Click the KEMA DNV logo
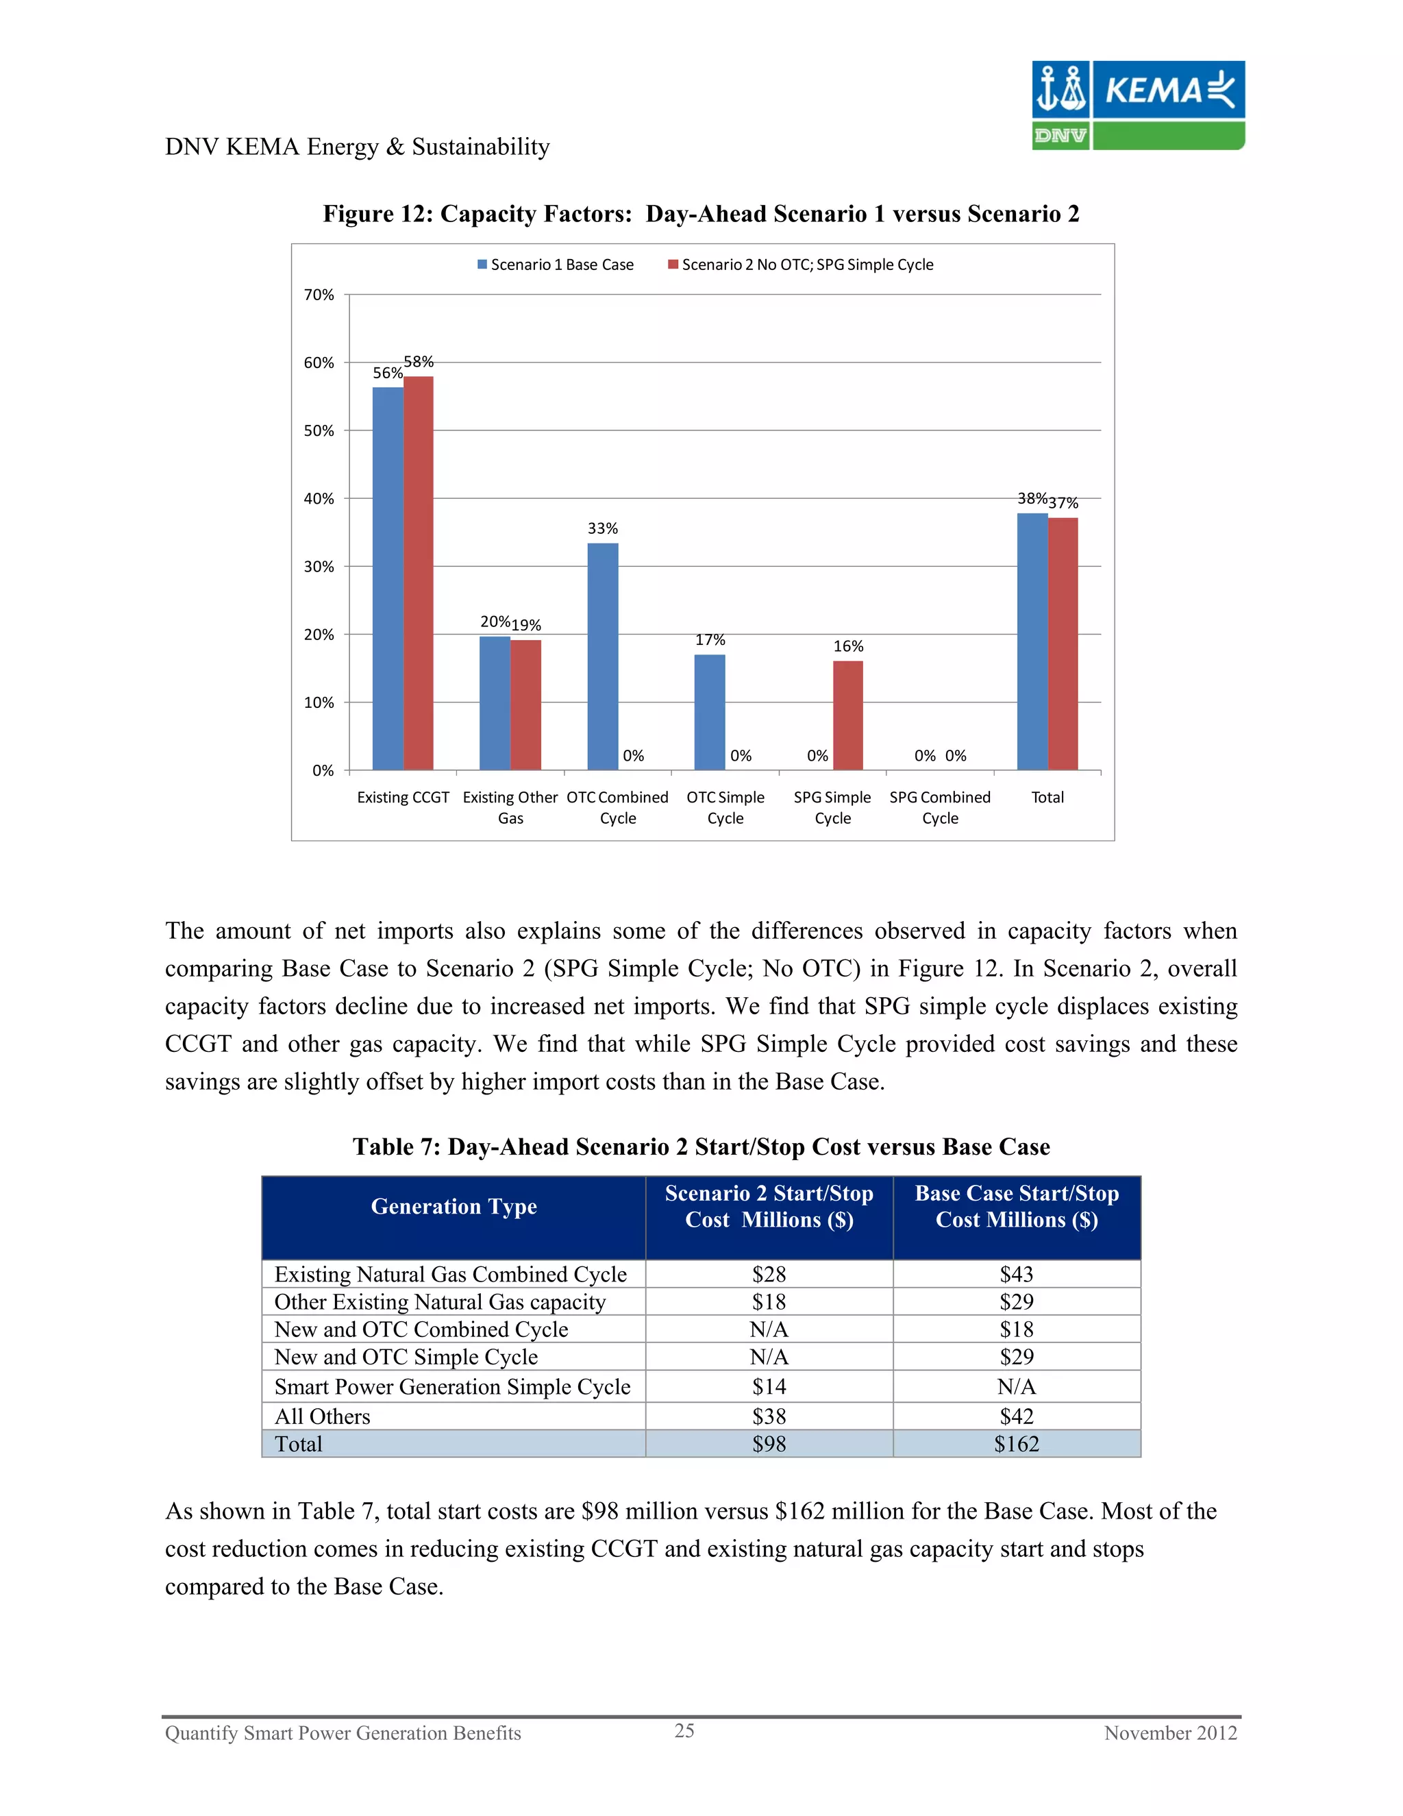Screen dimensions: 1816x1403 1137,106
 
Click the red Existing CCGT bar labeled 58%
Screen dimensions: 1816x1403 418,573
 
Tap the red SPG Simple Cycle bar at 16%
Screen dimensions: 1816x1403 848,715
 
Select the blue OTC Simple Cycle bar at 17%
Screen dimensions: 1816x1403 710,712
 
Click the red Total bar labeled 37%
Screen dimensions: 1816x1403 1063,643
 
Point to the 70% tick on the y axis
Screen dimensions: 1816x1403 319,295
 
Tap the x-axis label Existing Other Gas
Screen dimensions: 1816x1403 510,807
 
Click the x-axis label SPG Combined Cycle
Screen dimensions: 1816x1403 940,807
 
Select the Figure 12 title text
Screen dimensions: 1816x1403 701,214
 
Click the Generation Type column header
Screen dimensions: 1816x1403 454,1207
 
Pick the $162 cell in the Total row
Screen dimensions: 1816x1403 1016,1445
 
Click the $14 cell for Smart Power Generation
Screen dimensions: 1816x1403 769,1387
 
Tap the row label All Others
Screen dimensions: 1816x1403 323,1417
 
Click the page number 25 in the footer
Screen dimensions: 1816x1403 684,1731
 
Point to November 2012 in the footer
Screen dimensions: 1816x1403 1169,1734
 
